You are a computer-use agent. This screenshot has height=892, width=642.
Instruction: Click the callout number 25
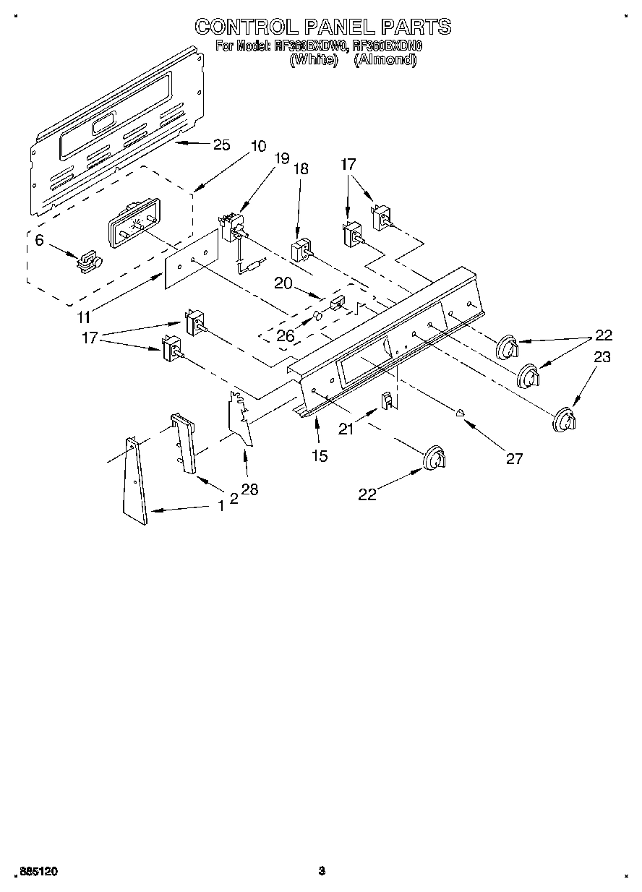[x=221, y=145]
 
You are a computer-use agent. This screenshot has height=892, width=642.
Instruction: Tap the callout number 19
[x=281, y=158]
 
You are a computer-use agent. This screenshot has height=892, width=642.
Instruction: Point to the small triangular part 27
[x=460, y=413]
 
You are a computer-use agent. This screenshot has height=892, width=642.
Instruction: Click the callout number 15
[x=319, y=455]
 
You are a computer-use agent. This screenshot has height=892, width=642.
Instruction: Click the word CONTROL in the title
[x=243, y=27]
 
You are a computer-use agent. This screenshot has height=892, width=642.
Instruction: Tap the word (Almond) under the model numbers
[x=385, y=61]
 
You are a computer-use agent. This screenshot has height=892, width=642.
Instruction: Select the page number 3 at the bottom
[x=322, y=872]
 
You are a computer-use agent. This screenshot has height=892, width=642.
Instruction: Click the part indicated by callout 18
[x=300, y=250]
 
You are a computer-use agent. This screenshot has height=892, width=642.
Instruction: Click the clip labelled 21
[x=388, y=400]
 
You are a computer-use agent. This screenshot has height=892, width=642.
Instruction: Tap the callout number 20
[x=283, y=283]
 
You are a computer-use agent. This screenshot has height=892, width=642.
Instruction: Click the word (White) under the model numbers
[x=313, y=61]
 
